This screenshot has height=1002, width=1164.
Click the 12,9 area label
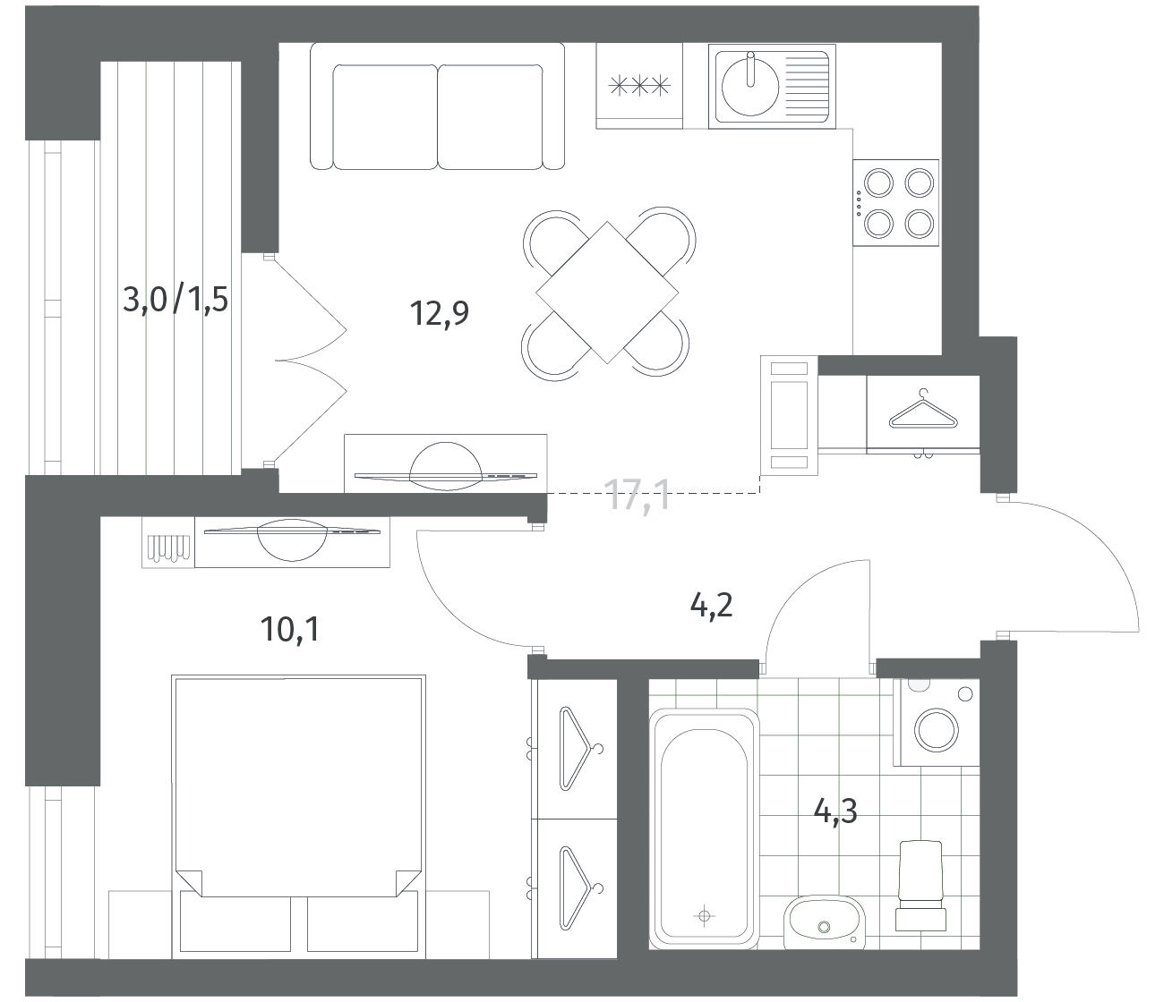pyautogui.click(x=440, y=314)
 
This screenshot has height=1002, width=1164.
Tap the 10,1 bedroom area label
pyautogui.click(x=290, y=629)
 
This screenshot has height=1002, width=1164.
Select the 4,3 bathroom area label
pyautogui.click(x=835, y=811)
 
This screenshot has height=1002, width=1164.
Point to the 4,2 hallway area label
pyautogui.click(x=711, y=606)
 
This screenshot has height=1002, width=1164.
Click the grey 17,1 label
pyautogui.click(x=639, y=495)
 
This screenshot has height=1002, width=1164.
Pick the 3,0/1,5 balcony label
pyautogui.click(x=175, y=300)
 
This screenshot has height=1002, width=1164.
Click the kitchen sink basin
pyautogui.click(x=750, y=86)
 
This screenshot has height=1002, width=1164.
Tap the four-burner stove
pyautogui.click(x=895, y=202)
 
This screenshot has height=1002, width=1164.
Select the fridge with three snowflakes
pyautogui.click(x=639, y=86)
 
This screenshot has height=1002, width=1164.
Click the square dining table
pyautogui.click(x=607, y=293)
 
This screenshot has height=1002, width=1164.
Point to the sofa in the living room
pyautogui.click(x=437, y=106)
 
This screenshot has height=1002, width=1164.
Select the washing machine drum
pyautogui.click(x=937, y=730)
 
